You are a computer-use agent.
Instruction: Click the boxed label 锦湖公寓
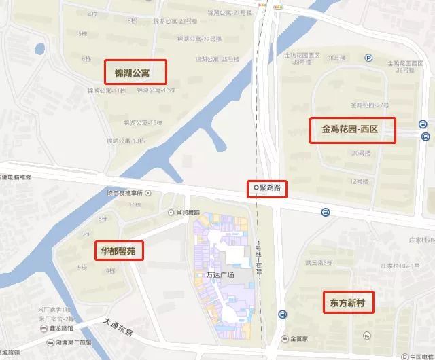point(136,71)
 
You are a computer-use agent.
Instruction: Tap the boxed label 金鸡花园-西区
point(353,129)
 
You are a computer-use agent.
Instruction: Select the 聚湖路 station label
point(266,187)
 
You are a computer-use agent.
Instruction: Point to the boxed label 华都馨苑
point(118,251)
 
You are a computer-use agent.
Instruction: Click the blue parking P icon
point(368,58)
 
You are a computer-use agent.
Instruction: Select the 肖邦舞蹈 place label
point(185,212)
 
